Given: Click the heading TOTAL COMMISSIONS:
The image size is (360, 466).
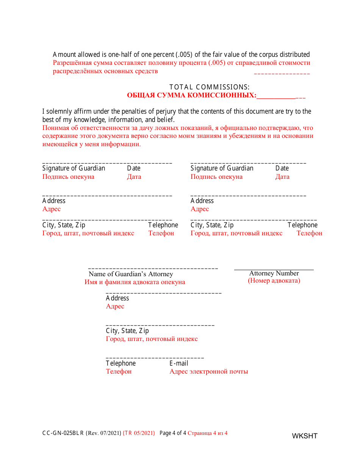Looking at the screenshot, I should (x=209, y=87).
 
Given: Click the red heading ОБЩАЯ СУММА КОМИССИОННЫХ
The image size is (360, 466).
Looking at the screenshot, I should (x=191, y=95).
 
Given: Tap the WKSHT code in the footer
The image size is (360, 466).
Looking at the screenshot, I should (x=304, y=436).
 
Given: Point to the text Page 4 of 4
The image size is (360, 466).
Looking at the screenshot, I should (x=173, y=433).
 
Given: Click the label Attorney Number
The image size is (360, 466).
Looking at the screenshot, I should (x=274, y=273).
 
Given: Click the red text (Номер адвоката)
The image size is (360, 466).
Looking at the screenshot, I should (x=274, y=281).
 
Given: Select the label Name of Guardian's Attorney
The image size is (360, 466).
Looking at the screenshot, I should (x=131, y=274).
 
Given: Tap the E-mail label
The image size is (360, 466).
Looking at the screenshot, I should (x=179, y=363).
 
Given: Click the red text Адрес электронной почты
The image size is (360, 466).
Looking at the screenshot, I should (x=209, y=372).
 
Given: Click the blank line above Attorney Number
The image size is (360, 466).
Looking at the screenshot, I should (x=274, y=269).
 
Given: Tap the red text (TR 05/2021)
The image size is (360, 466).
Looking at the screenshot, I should (x=139, y=433).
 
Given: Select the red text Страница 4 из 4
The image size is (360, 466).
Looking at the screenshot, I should (x=207, y=433).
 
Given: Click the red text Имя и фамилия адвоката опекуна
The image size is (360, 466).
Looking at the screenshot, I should (x=135, y=282).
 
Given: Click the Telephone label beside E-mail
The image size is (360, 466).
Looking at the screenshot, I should (x=121, y=363).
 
